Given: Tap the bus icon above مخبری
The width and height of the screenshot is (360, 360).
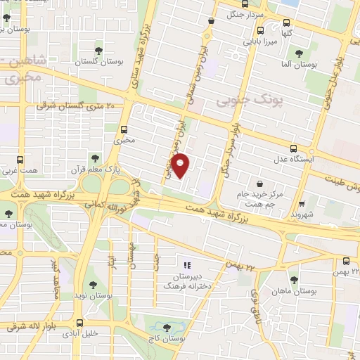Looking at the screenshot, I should (124, 129).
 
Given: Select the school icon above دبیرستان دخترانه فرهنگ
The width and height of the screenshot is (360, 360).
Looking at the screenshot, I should (187, 266).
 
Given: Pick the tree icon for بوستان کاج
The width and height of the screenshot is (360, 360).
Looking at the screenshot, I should (167, 328).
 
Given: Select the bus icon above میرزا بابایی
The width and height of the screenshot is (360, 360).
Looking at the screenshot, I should (260, 30).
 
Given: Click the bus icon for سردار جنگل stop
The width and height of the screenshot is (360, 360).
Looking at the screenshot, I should (210, 21).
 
